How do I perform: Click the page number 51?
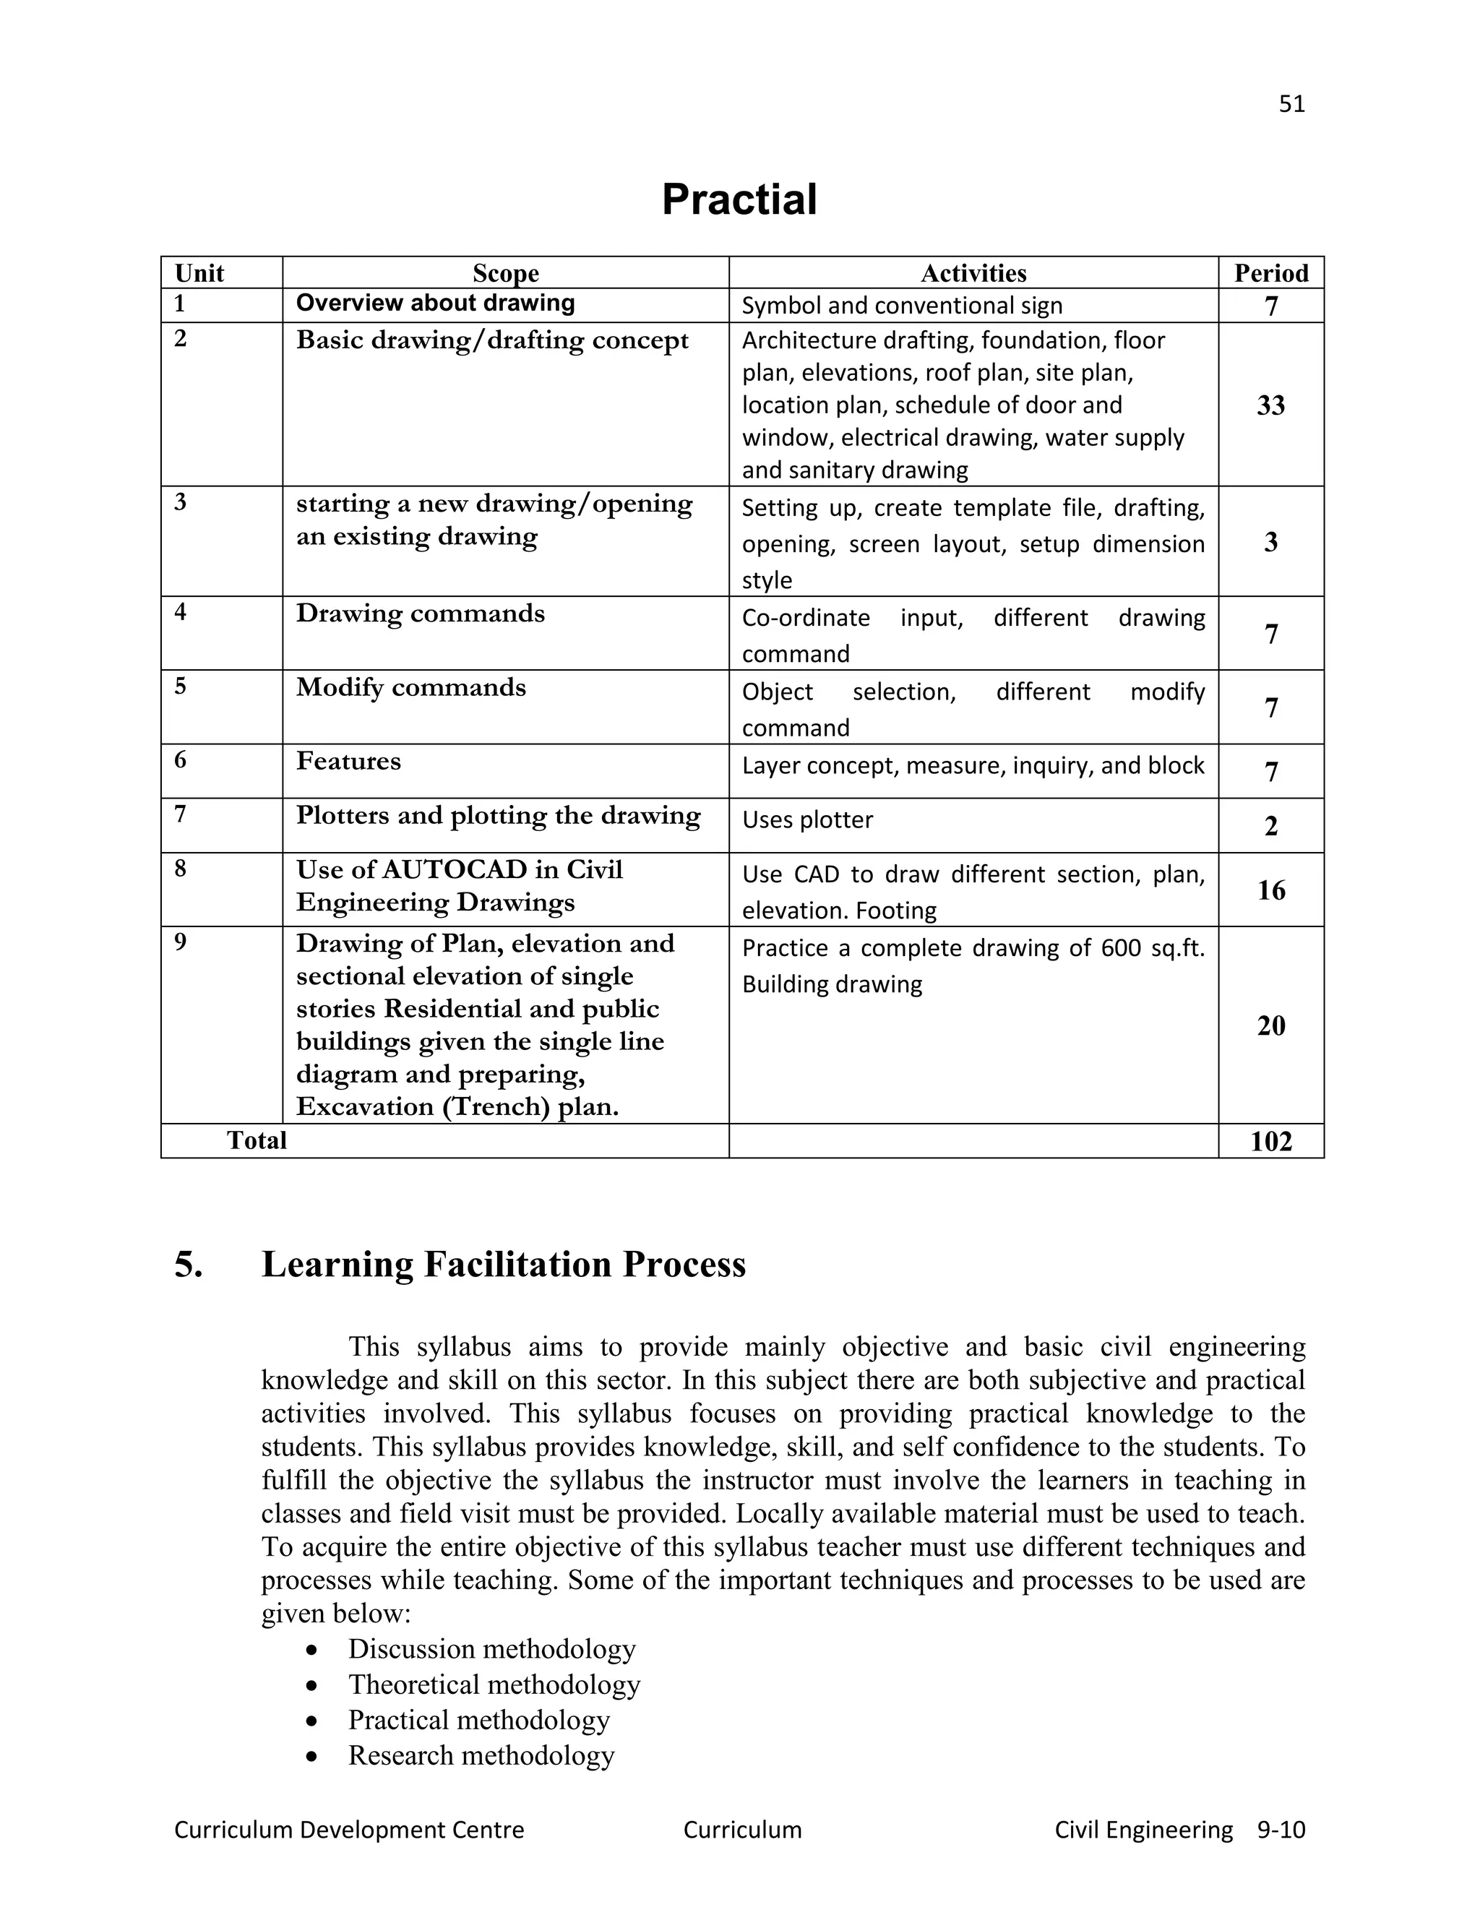click(1291, 104)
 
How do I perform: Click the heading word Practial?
click(739, 200)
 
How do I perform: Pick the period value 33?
click(1270, 405)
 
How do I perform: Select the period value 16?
click(1270, 890)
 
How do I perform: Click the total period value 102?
click(1270, 1141)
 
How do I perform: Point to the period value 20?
click(1270, 1025)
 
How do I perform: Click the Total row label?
click(256, 1140)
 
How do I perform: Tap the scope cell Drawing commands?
click(420, 613)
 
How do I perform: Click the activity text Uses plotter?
click(806, 820)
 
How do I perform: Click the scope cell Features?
click(348, 760)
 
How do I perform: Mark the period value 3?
click(1270, 542)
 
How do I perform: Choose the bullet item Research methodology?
click(481, 1755)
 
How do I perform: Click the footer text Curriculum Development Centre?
click(349, 1829)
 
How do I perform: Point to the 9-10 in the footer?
click(1281, 1829)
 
